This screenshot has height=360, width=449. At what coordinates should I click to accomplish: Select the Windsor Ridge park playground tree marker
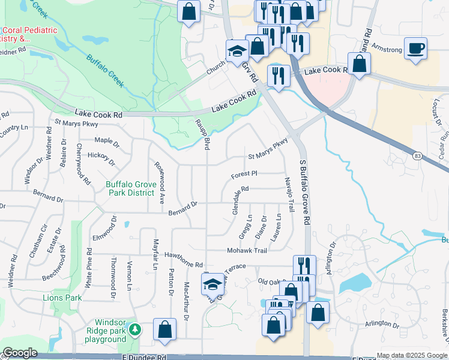136,329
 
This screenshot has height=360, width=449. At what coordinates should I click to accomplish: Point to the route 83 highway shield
416,156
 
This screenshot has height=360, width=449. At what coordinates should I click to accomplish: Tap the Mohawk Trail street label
246,250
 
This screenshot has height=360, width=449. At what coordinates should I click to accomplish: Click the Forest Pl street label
244,174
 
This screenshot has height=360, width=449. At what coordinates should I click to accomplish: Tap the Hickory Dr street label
100,158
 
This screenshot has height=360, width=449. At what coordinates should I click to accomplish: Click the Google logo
20,353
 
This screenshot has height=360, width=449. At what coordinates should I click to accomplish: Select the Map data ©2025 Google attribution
412,355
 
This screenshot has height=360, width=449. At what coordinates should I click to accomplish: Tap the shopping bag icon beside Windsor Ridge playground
164,330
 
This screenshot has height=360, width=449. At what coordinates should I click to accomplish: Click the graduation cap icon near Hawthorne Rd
212,284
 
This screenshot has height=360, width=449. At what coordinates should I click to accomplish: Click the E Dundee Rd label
144,357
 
